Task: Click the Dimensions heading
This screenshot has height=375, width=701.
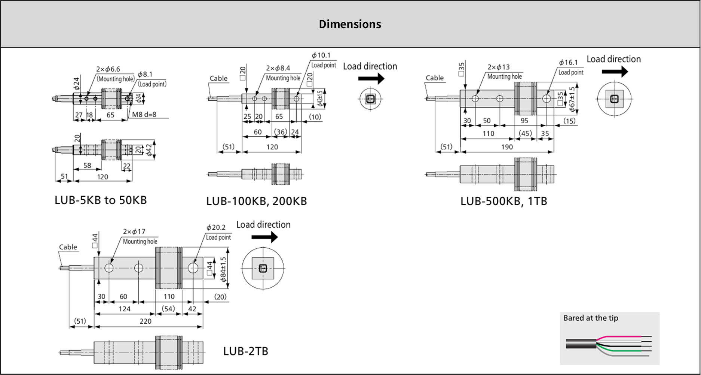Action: (x=350, y=24)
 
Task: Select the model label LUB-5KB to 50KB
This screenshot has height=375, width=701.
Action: (x=101, y=200)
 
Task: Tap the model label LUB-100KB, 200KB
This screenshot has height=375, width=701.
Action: (x=256, y=201)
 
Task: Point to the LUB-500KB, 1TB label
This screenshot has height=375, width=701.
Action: (x=503, y=201)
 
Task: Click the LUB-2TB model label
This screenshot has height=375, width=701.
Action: (x=245, y=351)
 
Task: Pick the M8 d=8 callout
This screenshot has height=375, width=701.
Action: (x=144, y=115)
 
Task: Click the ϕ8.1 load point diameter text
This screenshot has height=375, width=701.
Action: (x=145, y=74)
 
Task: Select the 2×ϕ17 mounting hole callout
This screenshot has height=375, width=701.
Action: (x=134, y=232)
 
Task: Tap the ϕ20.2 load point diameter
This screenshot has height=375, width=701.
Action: (x=216, y=227)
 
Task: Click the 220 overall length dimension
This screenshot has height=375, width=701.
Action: (x=146, y=321)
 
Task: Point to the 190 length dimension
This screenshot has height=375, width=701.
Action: (x=507, y=147)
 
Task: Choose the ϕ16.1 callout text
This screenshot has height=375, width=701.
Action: (x=568, y=62)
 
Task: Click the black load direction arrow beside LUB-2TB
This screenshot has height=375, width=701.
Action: (x=264, y=237)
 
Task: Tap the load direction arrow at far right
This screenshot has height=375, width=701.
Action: (x=615, y=71)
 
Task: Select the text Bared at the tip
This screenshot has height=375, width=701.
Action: (x=591, y=318)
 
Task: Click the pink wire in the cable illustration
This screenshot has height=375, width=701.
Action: (x=621, y=336)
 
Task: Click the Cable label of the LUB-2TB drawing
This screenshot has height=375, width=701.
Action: (x=68, y=247)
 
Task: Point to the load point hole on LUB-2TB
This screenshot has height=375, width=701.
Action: (x=193, y=268)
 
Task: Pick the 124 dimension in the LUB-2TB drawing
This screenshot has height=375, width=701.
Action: (x=125, y=309)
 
